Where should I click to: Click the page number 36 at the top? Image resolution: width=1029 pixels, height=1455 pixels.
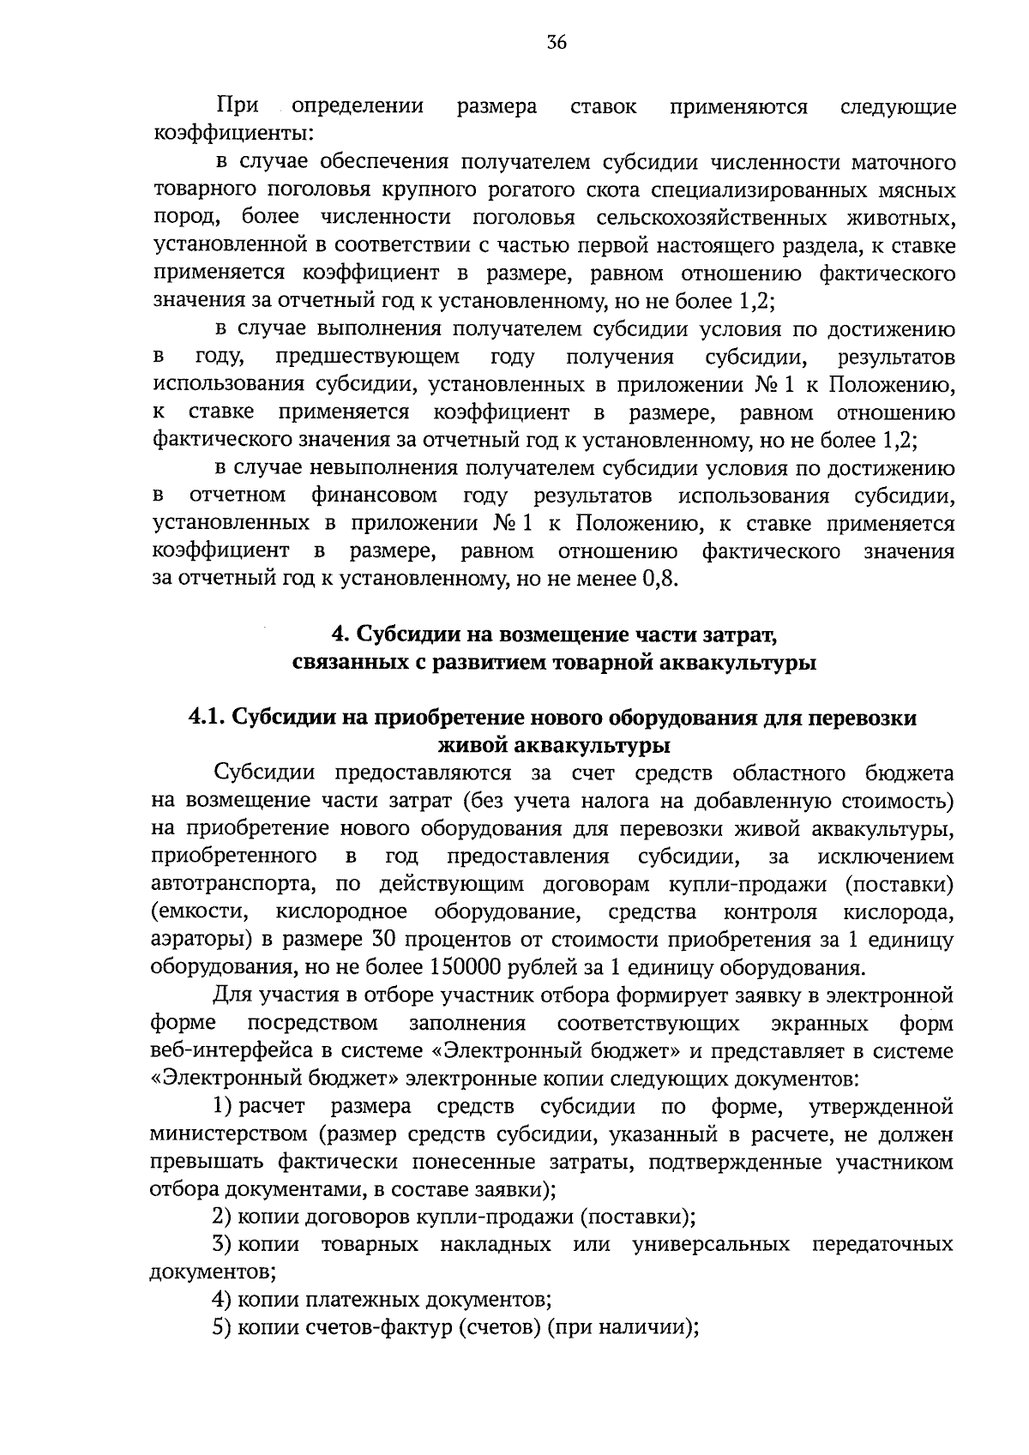(x=557, y=44)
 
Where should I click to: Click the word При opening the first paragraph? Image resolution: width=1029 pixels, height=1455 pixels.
(x=238, y=106)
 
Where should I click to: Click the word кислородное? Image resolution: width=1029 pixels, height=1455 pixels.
(x=342, y=911)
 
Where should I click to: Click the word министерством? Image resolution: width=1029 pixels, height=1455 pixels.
(x=229, y=1134)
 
